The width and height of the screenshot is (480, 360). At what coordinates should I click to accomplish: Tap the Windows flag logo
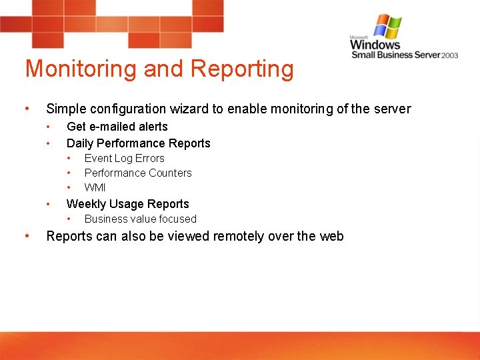click(x=387, y=27)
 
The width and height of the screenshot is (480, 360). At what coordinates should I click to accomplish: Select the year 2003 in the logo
click(x=449, y=55)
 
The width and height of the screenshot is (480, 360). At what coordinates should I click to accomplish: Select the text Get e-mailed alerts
click(x=117, y=127)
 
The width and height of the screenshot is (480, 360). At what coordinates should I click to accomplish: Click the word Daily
click(x=80, y=143)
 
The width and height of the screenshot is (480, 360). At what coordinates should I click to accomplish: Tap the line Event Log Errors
click(x=124, y=159)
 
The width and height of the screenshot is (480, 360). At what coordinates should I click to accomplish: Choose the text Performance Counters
click(x=138, y=173)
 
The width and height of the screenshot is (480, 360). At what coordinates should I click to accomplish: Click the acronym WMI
click(x=95, y=187)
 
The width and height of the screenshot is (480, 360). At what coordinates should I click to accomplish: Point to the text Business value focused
click(x=140, y=219)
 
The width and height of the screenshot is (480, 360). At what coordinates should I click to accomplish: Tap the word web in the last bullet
click(x=331, y=236)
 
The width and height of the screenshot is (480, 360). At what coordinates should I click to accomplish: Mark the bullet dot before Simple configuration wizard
click(x=26, y=109)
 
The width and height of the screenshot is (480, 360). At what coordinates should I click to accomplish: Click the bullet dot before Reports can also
click(x=26, y=236)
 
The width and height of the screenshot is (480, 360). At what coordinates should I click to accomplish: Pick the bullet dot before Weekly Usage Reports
click(x=48, y=204)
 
